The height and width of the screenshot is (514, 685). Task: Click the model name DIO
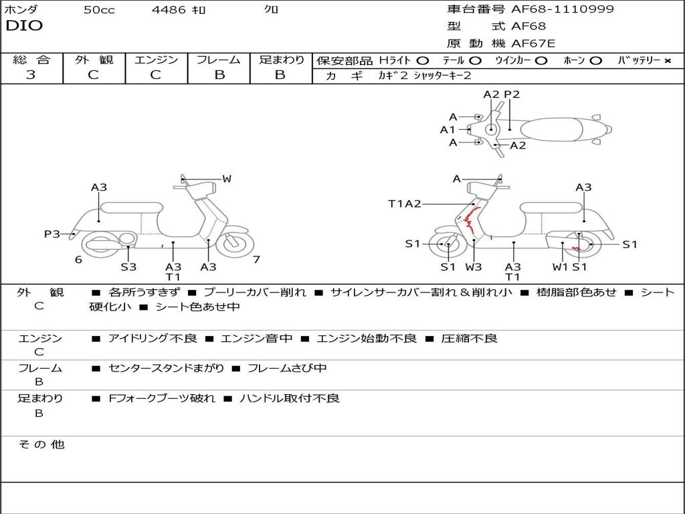24,26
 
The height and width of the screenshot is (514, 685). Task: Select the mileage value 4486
168,10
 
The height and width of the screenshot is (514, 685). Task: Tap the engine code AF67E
533,44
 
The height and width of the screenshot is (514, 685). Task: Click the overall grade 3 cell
31,75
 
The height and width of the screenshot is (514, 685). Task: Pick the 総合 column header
31,60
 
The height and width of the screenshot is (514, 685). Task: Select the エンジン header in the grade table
156,60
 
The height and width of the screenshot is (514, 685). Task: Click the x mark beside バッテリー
667,61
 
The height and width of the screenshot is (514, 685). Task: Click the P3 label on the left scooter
52,234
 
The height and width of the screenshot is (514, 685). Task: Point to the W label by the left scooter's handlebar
227,179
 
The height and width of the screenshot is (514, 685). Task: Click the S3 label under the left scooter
128,266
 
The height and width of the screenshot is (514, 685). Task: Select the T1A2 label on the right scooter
405,203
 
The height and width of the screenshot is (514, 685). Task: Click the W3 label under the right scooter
474,266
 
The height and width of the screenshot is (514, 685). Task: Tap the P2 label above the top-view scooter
512,94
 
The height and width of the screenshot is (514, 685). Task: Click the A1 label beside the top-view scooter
448,130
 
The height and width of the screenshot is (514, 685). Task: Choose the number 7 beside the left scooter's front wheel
256,259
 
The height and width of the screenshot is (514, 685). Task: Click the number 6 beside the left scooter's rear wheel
78,259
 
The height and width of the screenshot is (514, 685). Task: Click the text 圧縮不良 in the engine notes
469,339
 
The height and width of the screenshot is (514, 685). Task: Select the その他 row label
41,444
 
